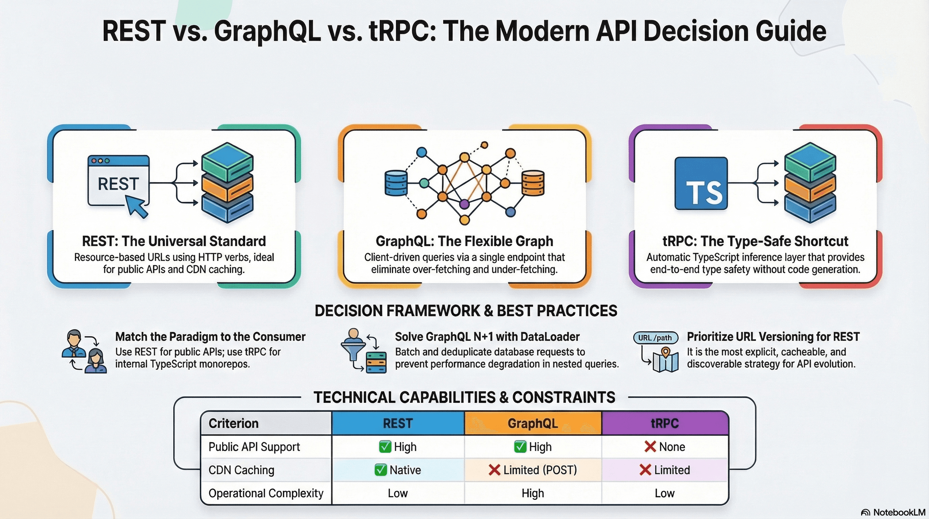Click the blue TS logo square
coord(701,183)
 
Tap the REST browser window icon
coord(118,180)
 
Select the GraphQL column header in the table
coord(533,423)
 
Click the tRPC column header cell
coord(665,423)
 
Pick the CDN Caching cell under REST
coord(397,470)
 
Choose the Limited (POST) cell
coord(533,470)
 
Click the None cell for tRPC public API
coord(665,447)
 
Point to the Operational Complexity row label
coord(266,493)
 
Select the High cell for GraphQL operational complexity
coord(533,493)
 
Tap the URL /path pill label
coord(655,338)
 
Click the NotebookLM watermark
coord(894,513)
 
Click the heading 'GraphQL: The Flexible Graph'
coord(464,241)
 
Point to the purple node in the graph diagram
coord(464,204)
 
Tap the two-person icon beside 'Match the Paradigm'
coord(84,351)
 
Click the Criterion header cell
coord(266,423)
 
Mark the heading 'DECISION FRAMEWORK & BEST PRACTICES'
coord(466,311)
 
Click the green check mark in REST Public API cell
coord(385,447)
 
